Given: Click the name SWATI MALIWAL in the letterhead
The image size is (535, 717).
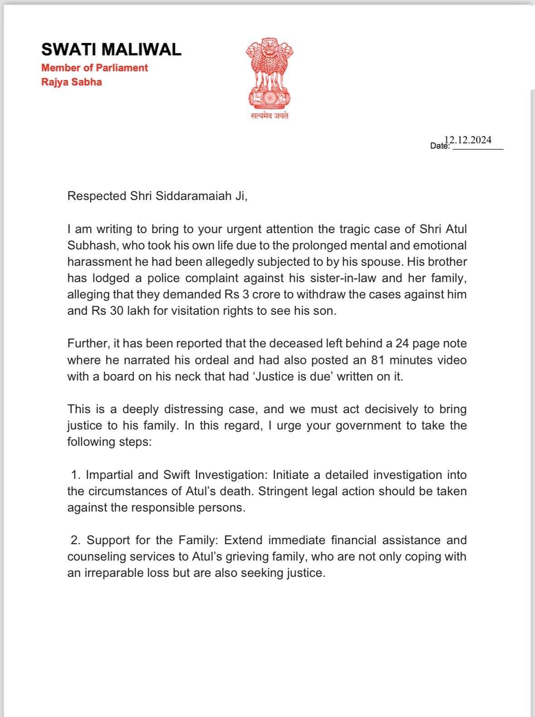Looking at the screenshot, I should [x=111, y=49].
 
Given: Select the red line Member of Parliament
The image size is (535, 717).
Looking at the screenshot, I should [x=94, y=68].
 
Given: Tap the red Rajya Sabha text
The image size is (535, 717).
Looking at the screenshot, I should [x=71, y=82].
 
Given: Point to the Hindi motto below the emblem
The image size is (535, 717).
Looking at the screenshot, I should [x=270, y=116].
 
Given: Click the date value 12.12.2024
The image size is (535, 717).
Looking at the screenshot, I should [x=468, y=140].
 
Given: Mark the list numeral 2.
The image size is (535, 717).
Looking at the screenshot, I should [x=75, y=540].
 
